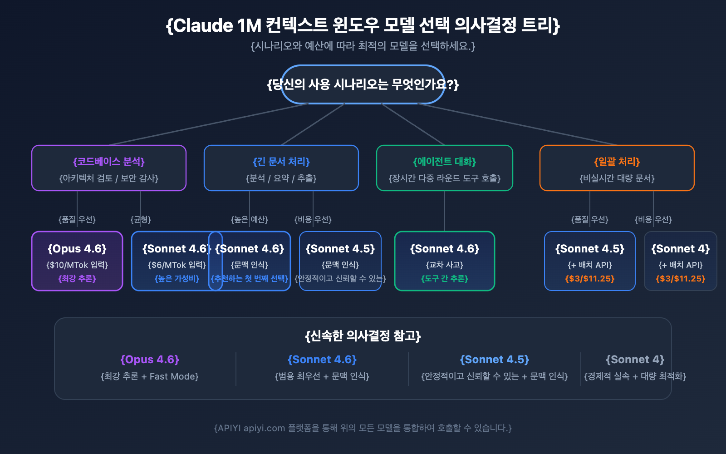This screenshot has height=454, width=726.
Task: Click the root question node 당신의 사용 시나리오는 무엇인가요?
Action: pyautogui.click(x=363, y=84)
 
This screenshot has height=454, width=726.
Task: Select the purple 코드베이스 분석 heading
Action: pyautogui.click(x=109, y=162)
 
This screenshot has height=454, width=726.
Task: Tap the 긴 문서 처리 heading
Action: pyautogui.click(x=281, y=162)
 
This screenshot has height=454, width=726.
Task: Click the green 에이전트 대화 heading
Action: pyautogui.click(x=445, y=162)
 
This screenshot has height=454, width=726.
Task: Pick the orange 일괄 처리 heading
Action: pyautogui.click(x=617, y=162)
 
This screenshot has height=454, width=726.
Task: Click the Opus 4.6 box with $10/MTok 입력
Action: pyautogui.click(x=77, y=261)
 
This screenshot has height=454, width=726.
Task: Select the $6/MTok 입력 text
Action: pyautogui.click(x=177, y=265)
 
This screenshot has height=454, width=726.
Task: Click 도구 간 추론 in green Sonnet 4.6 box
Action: pyautogui.click(x=445, y=278)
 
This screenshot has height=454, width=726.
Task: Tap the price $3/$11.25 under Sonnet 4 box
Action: pyautogui.click(x=681, y=278)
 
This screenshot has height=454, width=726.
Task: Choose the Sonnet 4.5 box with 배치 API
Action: pyautogui.click(x=590, y=261)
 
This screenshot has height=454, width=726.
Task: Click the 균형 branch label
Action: pyautogui.click(x=141, y=219)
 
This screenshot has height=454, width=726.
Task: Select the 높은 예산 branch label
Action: pyautogui.click(x=250, y=219)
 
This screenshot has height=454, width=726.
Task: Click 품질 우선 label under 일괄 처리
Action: pyautogui.click(x=590, y=219)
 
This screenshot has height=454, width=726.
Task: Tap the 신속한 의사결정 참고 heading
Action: pyautogui.click(x=363, y=336)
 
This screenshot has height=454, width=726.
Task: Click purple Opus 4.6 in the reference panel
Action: pyautogui.click(x=150, y=360)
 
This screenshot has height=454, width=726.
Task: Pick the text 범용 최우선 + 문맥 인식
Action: pyautogui.click(x=322, y=376)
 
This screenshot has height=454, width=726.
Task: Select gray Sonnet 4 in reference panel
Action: pyautogui.click(x=635, y=360)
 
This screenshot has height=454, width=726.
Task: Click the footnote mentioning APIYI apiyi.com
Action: pyautogui.click(x=363, y=428)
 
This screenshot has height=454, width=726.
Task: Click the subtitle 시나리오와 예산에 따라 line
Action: pyautogui.click(x=363, y=46)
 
